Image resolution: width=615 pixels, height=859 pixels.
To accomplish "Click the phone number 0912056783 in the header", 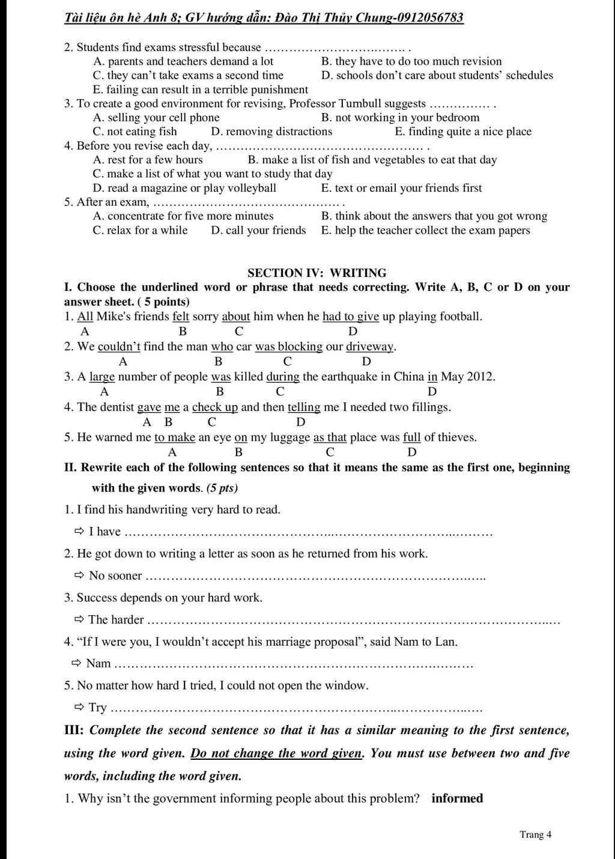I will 428,17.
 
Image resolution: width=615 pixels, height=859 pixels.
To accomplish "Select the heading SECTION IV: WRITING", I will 317,273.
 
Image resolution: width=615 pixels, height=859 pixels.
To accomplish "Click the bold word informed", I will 457,798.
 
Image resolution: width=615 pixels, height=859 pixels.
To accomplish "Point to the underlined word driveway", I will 369,347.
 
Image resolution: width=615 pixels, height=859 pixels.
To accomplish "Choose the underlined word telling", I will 304,407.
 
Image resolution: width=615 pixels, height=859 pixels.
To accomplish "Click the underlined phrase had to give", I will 351,317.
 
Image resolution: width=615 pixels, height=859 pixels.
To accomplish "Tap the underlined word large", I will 102,377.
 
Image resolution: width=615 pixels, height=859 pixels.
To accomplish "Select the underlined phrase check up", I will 215,407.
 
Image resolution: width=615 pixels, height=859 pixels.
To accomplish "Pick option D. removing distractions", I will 271,132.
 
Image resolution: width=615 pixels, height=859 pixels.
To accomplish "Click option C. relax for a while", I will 140,231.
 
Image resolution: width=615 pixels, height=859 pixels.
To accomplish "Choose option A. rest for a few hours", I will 148,160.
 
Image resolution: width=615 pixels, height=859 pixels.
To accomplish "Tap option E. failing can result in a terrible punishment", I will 201,90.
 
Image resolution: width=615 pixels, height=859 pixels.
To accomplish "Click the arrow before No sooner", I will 79,575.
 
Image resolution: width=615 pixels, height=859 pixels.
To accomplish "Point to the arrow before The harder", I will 79,619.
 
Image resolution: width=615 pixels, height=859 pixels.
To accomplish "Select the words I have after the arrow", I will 105,532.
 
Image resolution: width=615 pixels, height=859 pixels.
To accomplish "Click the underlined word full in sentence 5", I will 411,437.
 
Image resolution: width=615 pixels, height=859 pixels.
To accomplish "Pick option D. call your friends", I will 258,231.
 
